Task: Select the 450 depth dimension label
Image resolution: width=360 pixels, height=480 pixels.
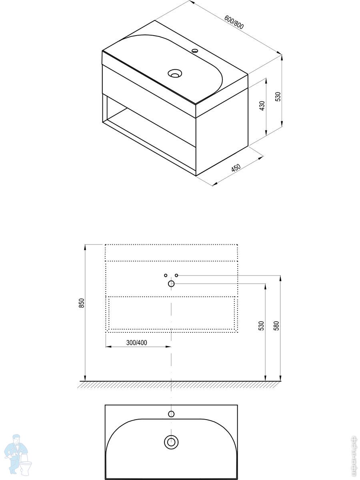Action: [x=236, y=168]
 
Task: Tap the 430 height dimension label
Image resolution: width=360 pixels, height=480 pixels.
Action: [x=262, y=106]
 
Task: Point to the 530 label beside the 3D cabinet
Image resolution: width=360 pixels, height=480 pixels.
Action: [x=278, y=96]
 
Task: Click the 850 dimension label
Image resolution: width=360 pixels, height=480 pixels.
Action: [x=81, y=303]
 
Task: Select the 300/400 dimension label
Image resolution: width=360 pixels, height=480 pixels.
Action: [x=137, y=342]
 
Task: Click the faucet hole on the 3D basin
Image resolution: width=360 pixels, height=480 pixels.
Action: [x=194, y=51]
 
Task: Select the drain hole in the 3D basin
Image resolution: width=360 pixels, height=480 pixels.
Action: [x=174, y=73]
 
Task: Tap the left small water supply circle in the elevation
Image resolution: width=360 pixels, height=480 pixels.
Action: [x=166, y=275]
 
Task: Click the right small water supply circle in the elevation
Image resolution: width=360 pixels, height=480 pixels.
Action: [x=177, y=275]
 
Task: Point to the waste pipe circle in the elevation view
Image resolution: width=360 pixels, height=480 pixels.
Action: [x=171, y=284]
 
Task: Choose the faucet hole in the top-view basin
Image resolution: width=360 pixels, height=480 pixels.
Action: [x=171, y=414]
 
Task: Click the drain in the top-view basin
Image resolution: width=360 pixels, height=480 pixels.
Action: [x=171, y=442]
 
